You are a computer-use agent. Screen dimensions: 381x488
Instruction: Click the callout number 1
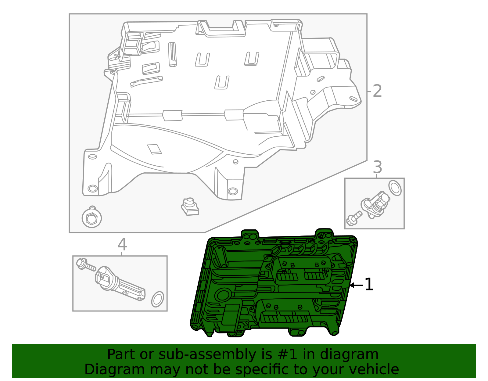(369, 284)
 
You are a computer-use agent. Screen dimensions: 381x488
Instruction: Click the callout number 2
(377, 91)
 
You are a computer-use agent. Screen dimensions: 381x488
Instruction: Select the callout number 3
(378, 167)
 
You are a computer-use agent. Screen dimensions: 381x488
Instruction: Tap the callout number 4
(122, 244)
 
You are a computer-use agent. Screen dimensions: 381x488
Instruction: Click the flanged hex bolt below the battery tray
(91, 217)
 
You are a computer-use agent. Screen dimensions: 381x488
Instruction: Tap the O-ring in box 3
(395, 188)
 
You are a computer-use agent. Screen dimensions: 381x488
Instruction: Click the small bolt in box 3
(354, 218)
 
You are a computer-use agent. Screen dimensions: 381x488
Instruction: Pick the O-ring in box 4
(157, 299)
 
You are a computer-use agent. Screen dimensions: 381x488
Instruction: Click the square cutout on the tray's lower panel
(154, 149)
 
